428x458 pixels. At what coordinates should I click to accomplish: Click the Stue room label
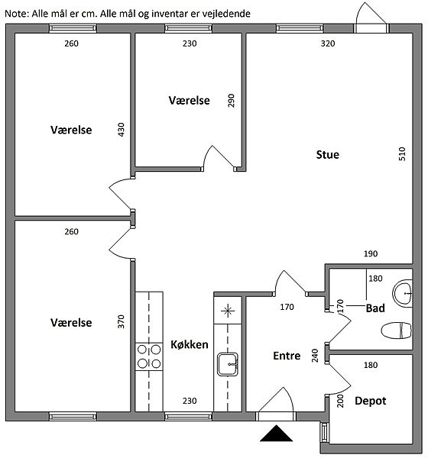click(328, 154)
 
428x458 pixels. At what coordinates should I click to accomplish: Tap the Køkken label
click(190, 345)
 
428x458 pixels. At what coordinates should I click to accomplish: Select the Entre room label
click(287, 356)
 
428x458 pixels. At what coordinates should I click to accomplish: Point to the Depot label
click(371, 401)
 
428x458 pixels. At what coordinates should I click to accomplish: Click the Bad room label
click(375, 308)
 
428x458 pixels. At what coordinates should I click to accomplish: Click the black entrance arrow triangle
click(276, 433)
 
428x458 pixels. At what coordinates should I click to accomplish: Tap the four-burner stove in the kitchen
click(149, 356)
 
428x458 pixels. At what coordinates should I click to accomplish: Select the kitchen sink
click(228, 364)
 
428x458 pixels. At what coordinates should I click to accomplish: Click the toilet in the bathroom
click(397, 331)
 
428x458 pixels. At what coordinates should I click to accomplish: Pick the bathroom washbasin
click(403, 293)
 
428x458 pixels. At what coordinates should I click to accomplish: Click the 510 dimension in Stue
click(402, 153)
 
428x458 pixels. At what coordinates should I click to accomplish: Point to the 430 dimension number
click(121, 130)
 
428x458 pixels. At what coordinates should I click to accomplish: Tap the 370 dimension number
click(121, 321)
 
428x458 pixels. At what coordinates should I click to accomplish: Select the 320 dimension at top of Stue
click(328, 44)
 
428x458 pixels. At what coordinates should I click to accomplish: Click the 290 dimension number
click(231, 101)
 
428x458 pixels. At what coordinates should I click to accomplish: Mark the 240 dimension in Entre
click(315, 356)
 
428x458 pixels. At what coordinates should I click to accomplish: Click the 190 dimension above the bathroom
click(371, 253)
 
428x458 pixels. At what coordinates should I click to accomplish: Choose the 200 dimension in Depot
click(340, 401)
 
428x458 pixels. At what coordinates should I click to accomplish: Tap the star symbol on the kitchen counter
click(228, 311)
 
